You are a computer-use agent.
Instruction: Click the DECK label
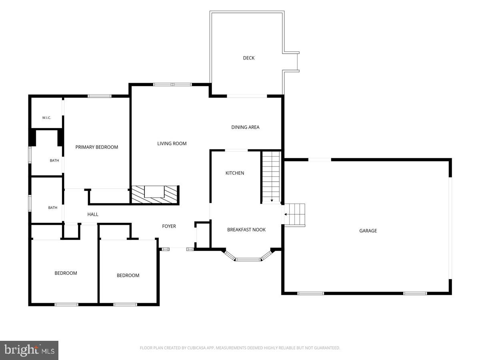point(249,58)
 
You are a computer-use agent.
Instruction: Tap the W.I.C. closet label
point(46,118)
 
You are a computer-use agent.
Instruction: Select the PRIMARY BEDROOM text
point(97,147)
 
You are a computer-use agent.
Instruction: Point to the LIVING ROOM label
point(172,144)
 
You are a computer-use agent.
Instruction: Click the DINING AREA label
point(245,127)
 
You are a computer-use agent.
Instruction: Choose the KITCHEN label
point(235,173)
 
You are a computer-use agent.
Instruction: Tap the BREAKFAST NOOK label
point(246,230)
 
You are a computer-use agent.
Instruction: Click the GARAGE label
point(368,231)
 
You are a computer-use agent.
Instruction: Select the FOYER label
point(169,226)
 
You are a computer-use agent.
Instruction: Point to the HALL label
point(93,214)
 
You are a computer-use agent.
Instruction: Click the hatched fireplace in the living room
point(155,195)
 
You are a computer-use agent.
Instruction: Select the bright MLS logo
point(29,350)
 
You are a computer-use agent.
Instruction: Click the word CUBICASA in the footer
point(196,348)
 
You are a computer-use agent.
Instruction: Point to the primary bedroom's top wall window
point(100,96)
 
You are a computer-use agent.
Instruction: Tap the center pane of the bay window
point(248,260)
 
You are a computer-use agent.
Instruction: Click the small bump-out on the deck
point(291,62)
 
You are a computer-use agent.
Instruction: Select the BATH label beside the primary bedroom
point(54,161)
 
